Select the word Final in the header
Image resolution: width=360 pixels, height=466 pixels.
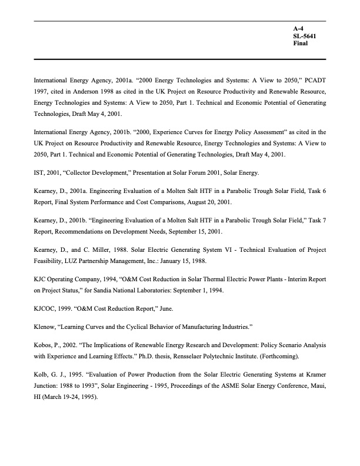[300, 44]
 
